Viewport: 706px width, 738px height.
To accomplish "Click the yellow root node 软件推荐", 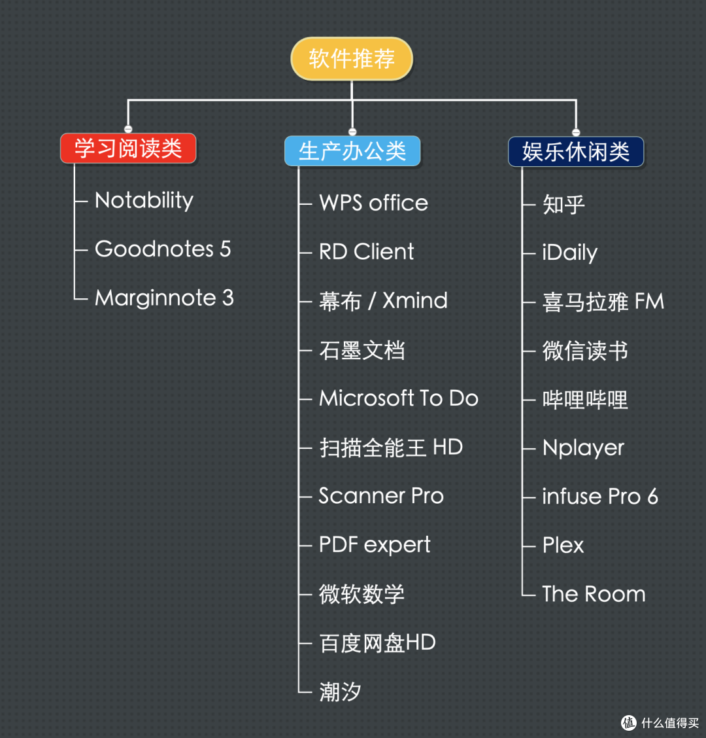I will (x=352, y=59).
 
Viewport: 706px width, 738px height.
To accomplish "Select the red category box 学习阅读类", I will (x=128, y=148).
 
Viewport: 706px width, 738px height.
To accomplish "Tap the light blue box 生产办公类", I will (x=352, y=151).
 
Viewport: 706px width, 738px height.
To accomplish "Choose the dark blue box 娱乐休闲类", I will (x=576, y=151).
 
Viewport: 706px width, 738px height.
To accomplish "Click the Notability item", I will (x=144, y=200).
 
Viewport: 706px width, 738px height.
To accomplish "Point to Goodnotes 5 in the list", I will (x=163, y=249).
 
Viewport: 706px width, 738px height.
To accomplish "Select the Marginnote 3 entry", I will (x=164, y=298).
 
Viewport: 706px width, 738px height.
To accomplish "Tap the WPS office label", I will (x=373, y=203).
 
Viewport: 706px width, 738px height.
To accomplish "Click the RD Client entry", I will (x=366, y=252).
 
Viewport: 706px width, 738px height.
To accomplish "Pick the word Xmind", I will (x=415, y=301).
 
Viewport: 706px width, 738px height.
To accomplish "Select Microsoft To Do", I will (x=398, y=398).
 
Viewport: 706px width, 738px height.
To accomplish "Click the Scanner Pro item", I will (x=381, y=496).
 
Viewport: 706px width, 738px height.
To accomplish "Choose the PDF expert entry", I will (x=375, y=545).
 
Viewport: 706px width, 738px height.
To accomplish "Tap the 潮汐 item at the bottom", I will (x=340, y=692).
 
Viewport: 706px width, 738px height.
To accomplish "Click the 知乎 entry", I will (x=563, y=204).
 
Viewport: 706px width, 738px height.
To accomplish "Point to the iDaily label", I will (x=569, y=253).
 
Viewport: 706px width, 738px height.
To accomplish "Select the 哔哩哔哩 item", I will (x=585, y=400).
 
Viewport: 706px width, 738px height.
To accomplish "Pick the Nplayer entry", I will (x=583, y=449).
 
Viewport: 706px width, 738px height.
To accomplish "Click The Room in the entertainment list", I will (x=594, y=594).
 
